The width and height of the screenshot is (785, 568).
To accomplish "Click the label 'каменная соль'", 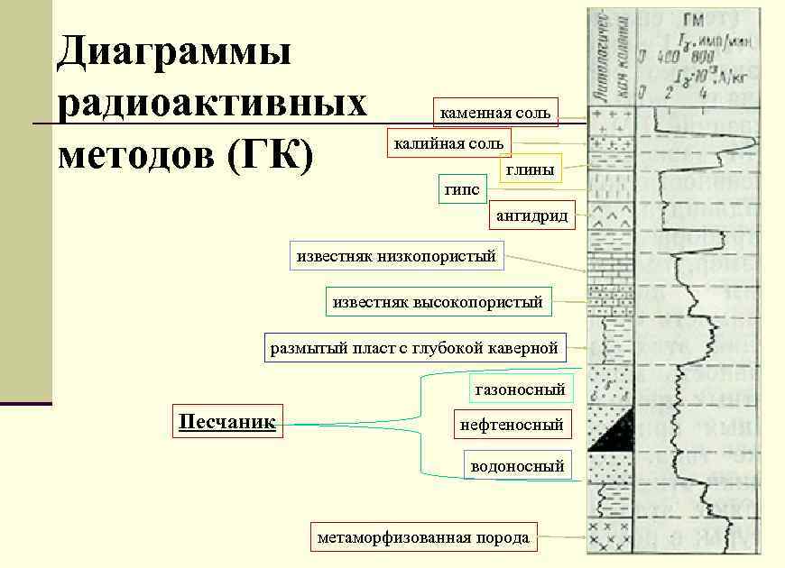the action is (x=495, y=113).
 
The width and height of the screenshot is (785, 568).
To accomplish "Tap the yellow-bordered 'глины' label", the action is (x=530, y=169).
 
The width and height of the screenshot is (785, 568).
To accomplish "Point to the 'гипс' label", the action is (x=463, y=188).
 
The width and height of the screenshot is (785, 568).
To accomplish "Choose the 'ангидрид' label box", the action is (x=532, y=216).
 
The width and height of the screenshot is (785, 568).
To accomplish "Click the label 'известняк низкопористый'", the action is (x=396, y=256).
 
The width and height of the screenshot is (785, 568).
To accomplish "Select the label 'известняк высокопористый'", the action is (x=438, y=302).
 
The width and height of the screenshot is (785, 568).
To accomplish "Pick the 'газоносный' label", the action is (x=521, y=389).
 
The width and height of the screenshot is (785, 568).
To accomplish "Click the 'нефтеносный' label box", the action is (x=512, y=424).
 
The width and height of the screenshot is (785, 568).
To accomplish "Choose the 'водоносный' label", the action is (x=517, y=465).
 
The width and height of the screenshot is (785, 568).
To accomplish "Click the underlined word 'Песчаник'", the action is (x=227, y=421).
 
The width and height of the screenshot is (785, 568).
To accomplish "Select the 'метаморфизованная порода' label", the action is (x=423, y=537).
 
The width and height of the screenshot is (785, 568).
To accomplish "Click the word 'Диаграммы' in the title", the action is (x=174, y=51).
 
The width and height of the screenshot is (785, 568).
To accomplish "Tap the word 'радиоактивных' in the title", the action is (x=212, y=104).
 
